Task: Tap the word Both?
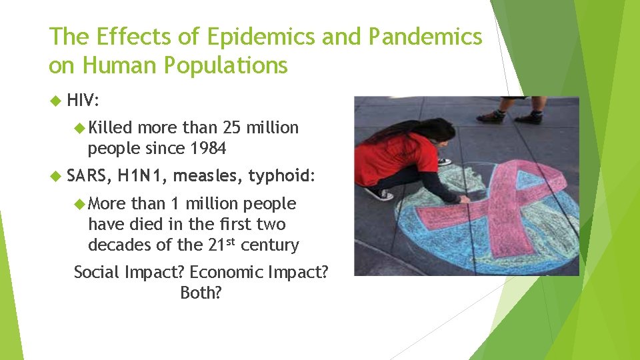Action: (x=201, y=292)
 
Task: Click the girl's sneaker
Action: (x=379, y=193)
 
